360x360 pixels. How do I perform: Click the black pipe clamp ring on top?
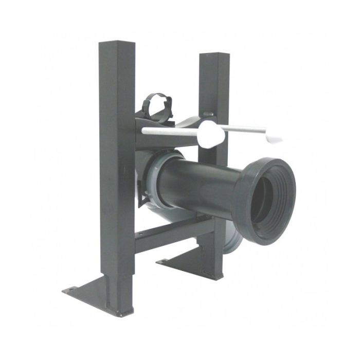tap(159, 99)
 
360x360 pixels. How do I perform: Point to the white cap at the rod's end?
tap(276, 137)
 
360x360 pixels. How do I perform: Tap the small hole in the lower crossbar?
tap(149, 236)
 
